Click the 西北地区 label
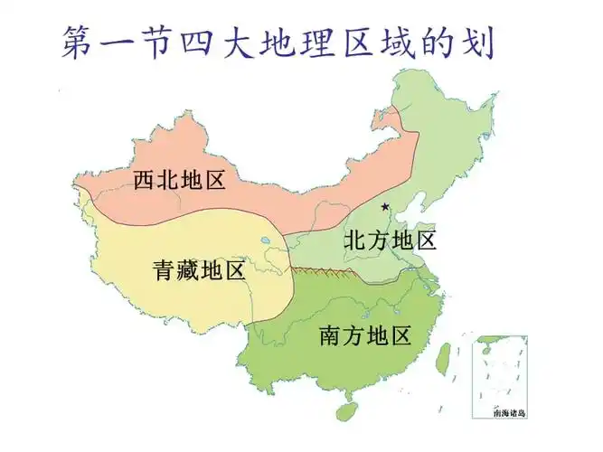pyautogui.click(x=179, y=180)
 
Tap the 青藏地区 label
pyautogui.click(x=199, y=269)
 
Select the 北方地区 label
pyautogui.click(x=391, y=240)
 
